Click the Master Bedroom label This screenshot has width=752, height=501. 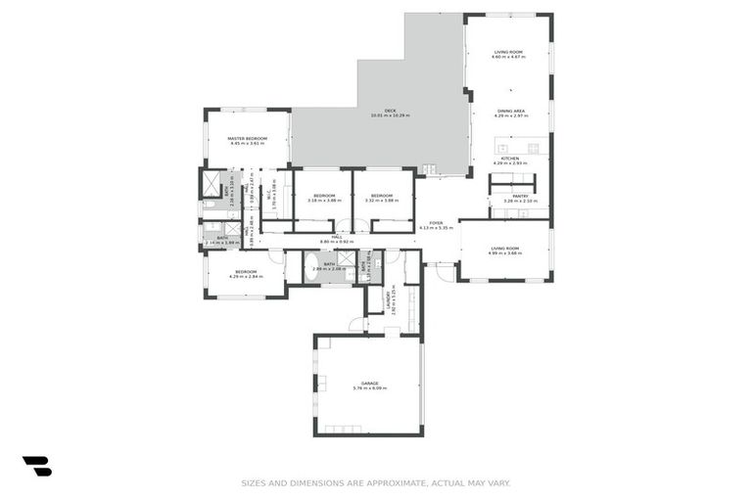click(x=248, y=139)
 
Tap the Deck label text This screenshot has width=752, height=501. click(x=390, y=111)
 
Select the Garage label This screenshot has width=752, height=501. click(x=369, y=383)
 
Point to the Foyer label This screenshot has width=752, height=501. click(x=436, y=223)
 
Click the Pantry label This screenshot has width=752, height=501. click(x=520, y=196)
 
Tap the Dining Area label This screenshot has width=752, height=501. click(x=510, y=112)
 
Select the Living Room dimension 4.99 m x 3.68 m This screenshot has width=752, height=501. click(x=505, y=253)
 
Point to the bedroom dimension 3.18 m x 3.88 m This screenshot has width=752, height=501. click(x=324, y=201)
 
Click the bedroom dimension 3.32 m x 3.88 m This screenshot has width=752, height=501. click(x=382, y=201)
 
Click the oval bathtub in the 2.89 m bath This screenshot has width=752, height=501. click(x=313, y=265)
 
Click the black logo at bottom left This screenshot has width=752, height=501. click(x=36, y=466)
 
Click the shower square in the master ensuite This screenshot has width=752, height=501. click(x=211, y=183)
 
